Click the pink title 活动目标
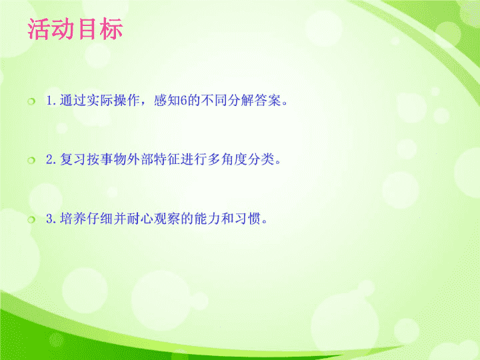(75, 29)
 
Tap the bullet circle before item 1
(31, 101)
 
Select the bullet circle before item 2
(31, 160)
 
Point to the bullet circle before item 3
(31, 219)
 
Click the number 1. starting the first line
(51, 101)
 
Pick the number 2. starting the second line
(51, 159)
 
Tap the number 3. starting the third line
(51, 219)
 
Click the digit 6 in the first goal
(183, 101)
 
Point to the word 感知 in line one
(167, 101)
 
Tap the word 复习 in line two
(73, 159)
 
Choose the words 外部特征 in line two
(153, 159)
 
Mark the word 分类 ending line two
(261, 159)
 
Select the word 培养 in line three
(73, 218)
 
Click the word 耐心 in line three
(140, 218)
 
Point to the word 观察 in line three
(167, 218)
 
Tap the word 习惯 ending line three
(247, 218)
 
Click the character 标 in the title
(111, 29)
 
